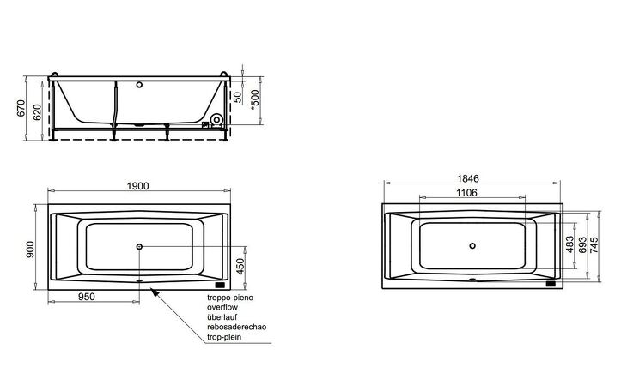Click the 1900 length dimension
138,186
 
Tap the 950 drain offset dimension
87,297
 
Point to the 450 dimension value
240,267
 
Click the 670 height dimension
21,108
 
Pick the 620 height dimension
37,112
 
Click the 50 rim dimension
238,98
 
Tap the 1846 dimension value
468,178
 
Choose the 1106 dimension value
466,193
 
